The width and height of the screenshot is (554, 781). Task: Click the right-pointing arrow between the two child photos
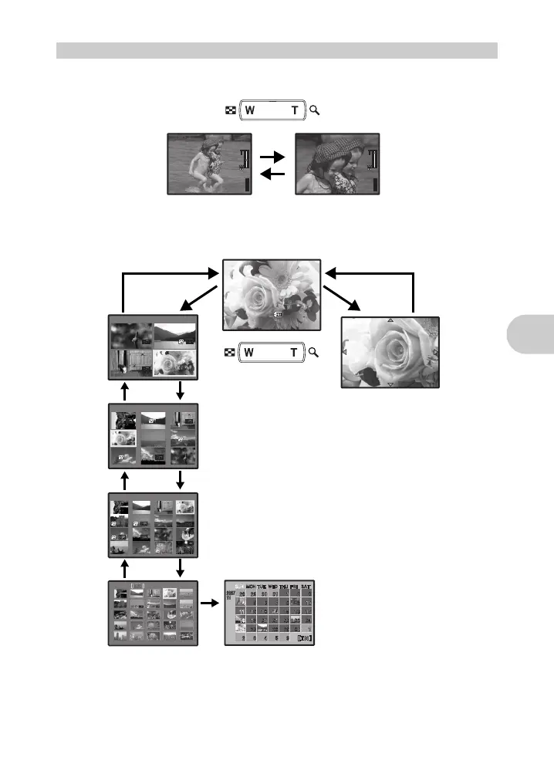tap(273, 156)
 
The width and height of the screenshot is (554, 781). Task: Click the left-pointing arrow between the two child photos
tap(273, 174)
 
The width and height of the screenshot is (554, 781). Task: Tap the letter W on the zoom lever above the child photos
tap(250, 111)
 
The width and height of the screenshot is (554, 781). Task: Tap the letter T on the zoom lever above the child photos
tap(294, 111)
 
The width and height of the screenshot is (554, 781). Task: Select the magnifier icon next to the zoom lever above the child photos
tap(314, 111)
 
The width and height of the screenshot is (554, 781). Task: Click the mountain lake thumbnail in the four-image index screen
tap(175, 333)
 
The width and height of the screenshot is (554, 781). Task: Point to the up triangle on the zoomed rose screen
tap(390, 320)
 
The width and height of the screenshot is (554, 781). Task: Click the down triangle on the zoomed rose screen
tap(390, 384)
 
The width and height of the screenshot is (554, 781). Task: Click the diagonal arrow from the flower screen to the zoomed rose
tap(342, 299)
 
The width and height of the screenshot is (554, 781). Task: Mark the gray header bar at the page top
tap(277, 51)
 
